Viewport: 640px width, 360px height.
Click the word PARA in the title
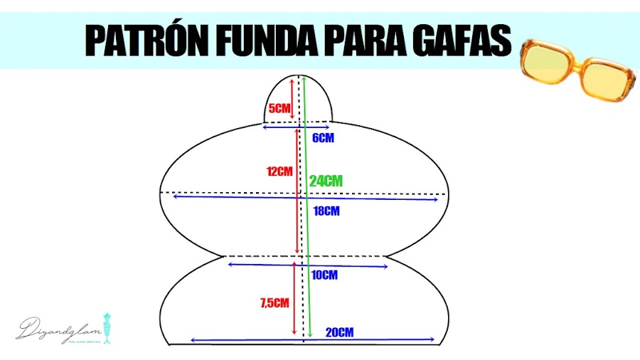pos(354,42)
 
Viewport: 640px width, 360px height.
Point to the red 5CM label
pos(279,109)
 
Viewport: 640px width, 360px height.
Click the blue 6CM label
pos(323,138)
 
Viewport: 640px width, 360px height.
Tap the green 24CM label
pos(326,181)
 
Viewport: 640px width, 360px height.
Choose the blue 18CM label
pos(326,211)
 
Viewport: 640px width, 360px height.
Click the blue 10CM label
pos(324,275)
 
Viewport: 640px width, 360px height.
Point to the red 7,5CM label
pos(274,303)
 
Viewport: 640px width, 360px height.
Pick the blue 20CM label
pos(339,332)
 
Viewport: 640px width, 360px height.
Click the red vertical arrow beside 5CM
pos(292,97)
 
